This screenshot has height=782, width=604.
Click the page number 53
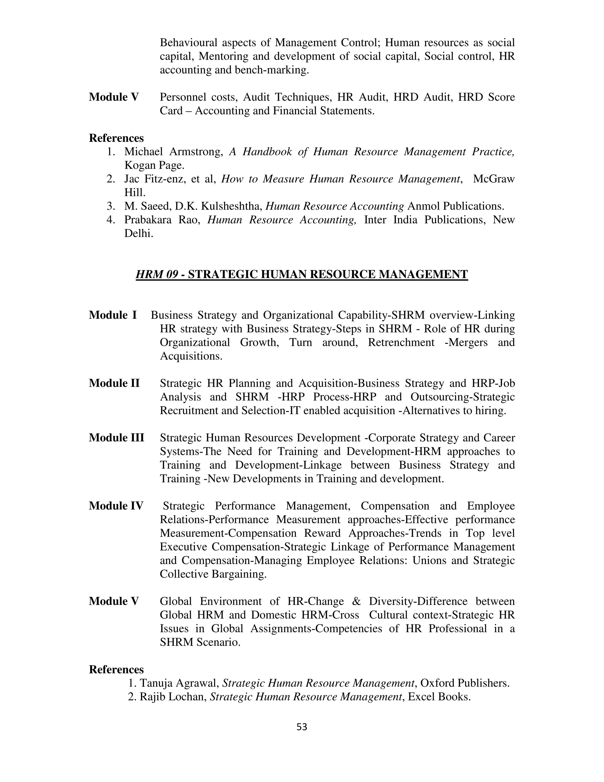[x=302, y=727]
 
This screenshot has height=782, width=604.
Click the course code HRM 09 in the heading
[x=157, y=274]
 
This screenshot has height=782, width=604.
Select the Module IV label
[x=116, y=505]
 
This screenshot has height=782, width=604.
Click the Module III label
[x=116, y=438]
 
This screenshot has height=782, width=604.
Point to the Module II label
[x=114, y=383]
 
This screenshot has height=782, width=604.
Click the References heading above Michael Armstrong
[x=116, y=138]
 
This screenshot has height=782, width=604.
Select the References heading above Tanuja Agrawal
[x=116, y=669]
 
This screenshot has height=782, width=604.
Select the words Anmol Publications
[x=455, y=206]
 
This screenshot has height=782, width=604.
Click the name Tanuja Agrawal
[x=179, y=683]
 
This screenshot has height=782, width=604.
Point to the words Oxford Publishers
[x=465, y=683]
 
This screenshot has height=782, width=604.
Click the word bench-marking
[x=272, y=70]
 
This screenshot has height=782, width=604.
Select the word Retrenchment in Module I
[x=401, y=342]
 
